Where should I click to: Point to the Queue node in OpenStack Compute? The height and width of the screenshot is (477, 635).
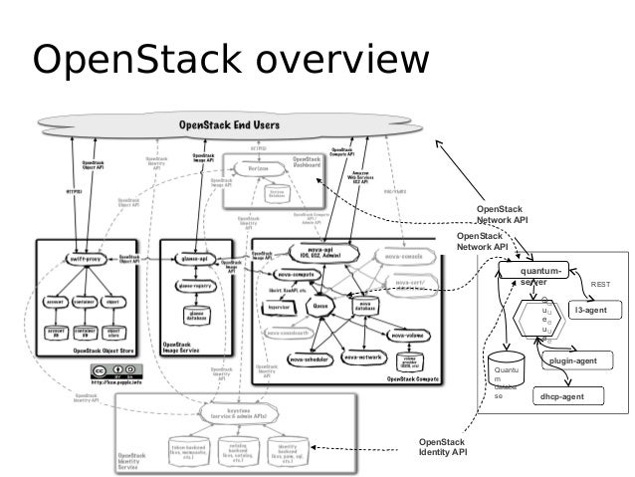point(320,308)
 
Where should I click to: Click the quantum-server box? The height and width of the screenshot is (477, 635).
point(539,274)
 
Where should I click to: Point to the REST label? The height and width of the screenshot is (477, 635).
point(601,285)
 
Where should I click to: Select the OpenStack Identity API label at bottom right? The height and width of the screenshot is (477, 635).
point(441,446)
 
